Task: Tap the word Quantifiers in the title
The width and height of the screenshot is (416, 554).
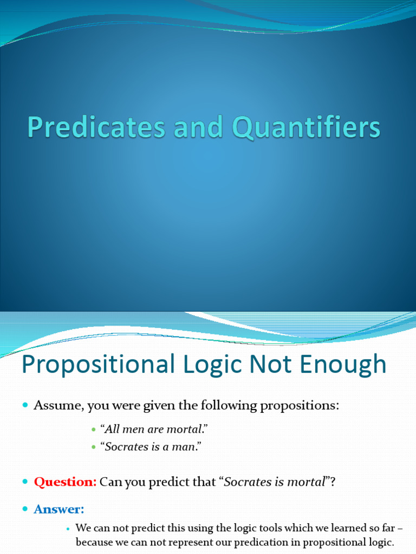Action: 307,128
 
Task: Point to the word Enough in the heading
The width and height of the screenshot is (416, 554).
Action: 343,365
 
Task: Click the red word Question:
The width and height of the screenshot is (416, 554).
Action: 65,482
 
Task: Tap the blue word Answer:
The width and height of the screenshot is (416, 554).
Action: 59,509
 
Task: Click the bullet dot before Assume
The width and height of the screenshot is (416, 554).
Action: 25,405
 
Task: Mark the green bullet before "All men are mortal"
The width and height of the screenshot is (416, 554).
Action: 93,430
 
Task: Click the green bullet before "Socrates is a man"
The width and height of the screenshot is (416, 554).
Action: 93,448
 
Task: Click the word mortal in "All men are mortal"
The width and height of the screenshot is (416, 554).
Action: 187,430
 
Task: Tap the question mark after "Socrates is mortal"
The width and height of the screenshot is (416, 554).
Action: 333,482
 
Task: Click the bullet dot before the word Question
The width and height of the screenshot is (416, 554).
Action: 25,482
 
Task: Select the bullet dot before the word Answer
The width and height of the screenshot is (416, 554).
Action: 25,510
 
